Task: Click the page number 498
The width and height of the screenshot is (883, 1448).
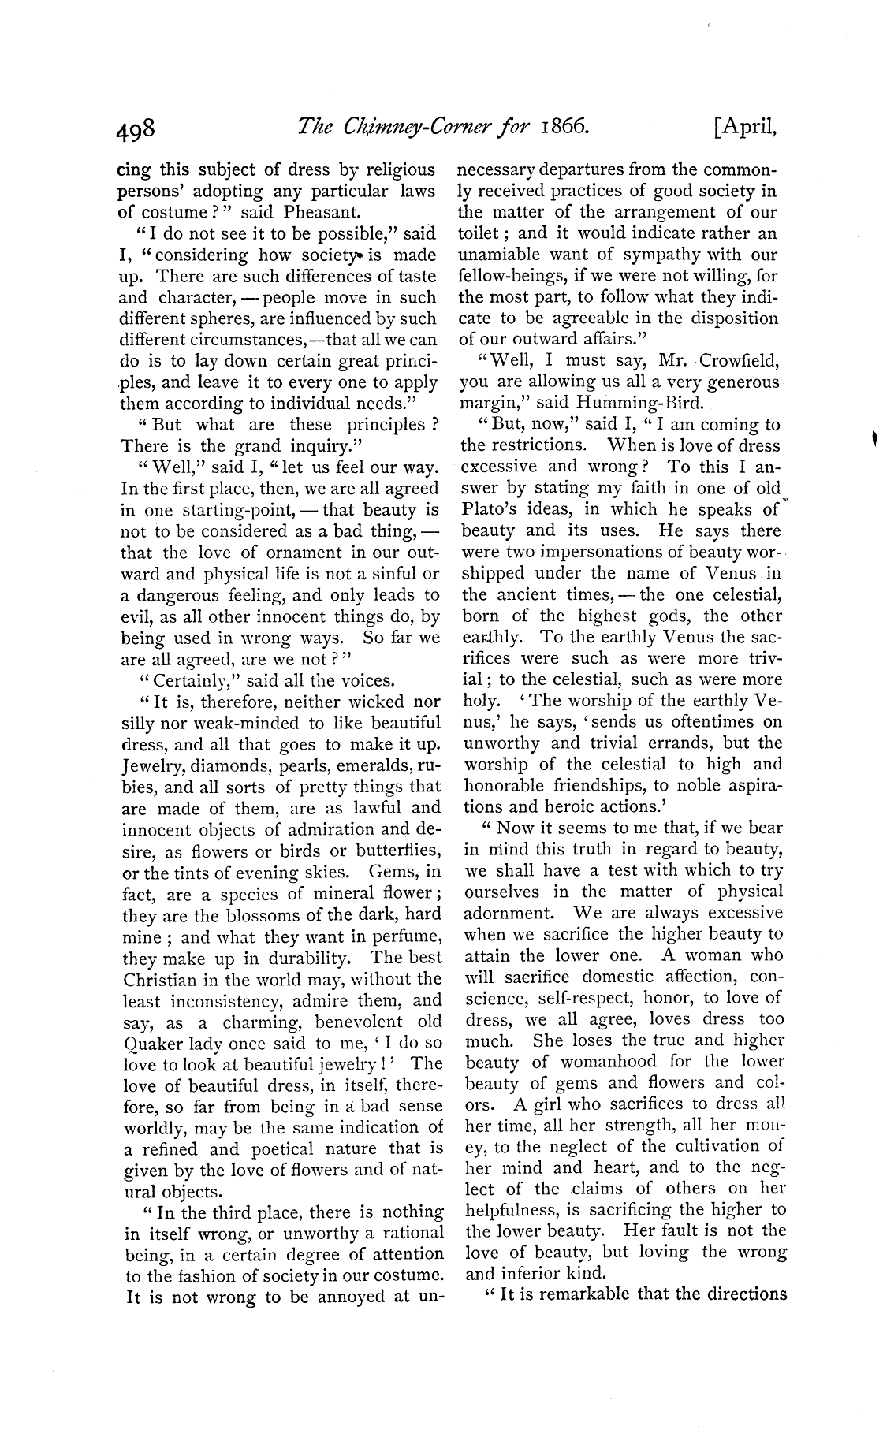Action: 139,128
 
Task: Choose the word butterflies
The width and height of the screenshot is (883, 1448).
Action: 397,851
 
